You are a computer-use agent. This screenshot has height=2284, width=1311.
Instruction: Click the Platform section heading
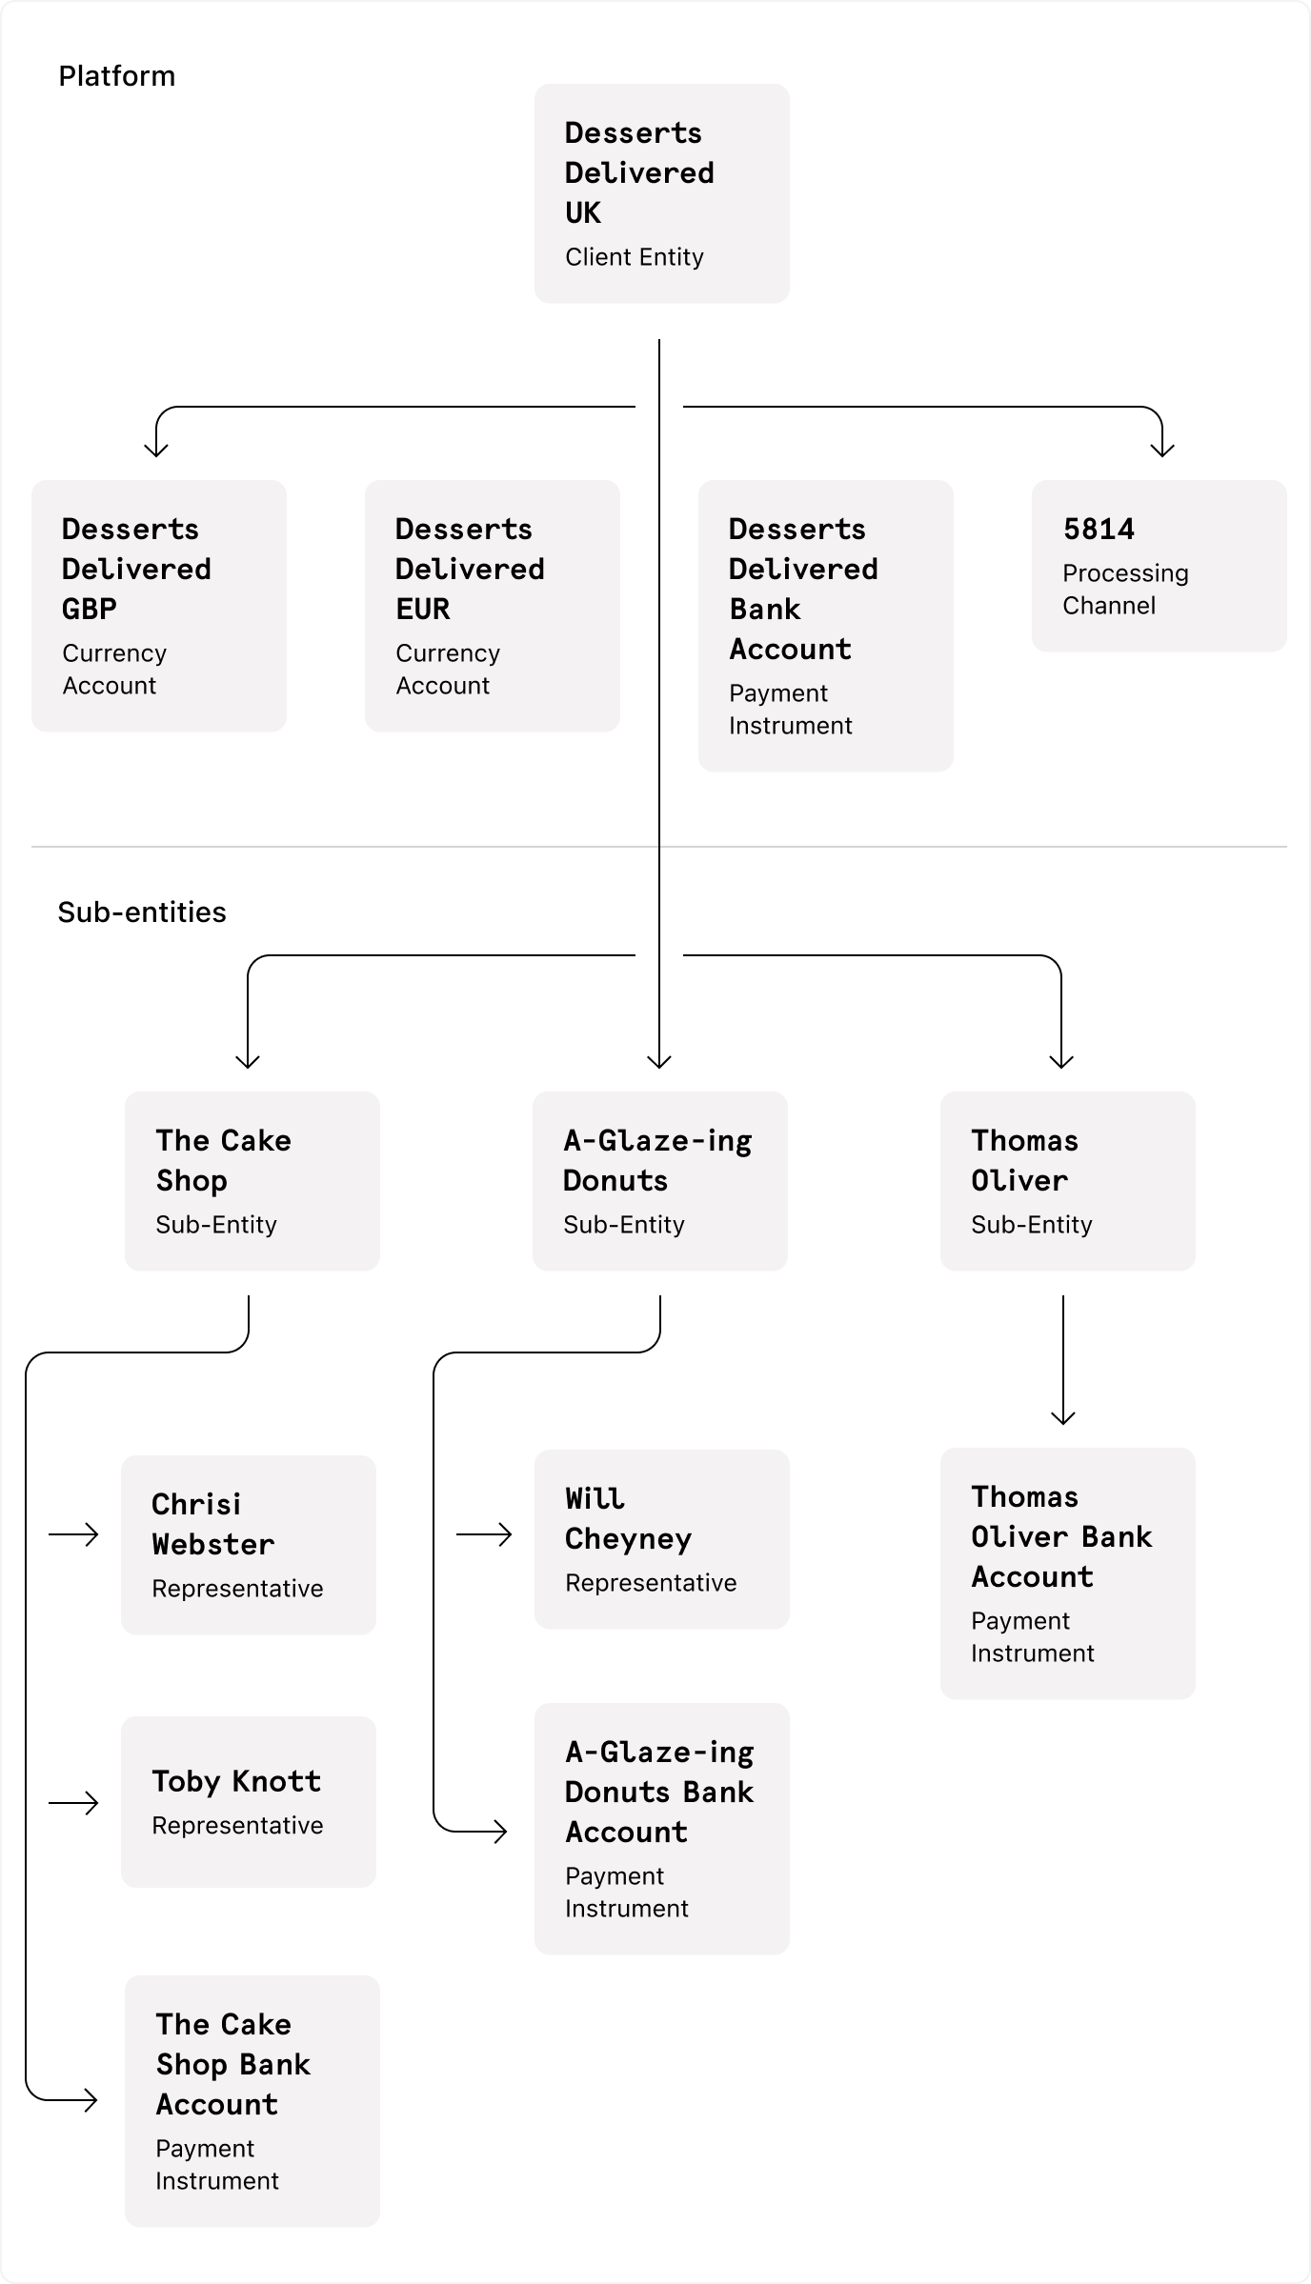point(116,76)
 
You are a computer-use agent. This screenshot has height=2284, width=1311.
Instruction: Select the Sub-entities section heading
point(142,912)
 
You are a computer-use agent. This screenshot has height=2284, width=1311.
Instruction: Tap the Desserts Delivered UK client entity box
point(661,193)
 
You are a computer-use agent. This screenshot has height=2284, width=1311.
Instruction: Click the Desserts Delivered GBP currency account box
point(158,606)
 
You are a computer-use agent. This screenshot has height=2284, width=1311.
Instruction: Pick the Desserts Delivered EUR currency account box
point(492,606)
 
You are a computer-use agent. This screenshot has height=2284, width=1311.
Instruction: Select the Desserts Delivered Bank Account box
point(825,626)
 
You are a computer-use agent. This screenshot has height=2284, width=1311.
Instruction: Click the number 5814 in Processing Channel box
point(1099,530)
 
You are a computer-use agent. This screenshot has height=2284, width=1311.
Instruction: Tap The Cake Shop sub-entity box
point(252,1181)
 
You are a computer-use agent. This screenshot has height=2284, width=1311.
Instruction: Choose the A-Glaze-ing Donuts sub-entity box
point(659,1181)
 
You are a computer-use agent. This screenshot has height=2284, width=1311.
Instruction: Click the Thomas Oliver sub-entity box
point(1067,1181)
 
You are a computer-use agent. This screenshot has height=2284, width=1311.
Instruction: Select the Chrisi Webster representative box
point(248,1545)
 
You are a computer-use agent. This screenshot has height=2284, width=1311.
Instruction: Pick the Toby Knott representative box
point(248,1802)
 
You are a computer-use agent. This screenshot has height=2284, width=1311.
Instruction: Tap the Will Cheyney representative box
point(661,1539)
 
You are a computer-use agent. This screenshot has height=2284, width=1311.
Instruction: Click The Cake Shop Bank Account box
point(252,2101)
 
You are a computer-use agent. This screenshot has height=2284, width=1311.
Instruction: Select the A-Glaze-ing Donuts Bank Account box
point(661,1829)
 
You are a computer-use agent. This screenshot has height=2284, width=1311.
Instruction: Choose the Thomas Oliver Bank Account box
point(1067,1573)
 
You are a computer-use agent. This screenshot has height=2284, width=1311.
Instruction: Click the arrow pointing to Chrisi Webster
point(74,1534)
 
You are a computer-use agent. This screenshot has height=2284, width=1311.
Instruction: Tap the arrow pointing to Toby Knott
point(74,1803)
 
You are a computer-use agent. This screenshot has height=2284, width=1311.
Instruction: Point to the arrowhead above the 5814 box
point(1162,448)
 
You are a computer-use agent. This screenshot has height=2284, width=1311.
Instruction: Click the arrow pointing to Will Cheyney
point(484,1534)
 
